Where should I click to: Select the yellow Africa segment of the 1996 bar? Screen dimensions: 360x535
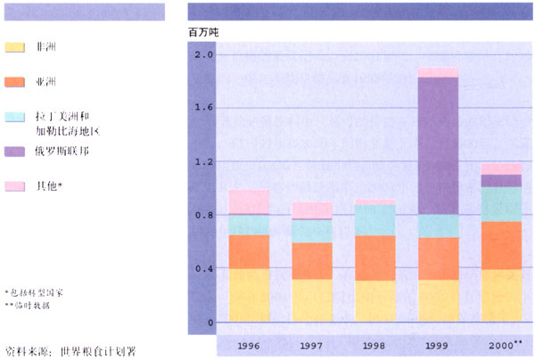tap(249, 295)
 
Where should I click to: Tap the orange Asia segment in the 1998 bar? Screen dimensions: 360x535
tap(374, 258)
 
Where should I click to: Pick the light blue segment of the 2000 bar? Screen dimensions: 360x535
tap(501, 203)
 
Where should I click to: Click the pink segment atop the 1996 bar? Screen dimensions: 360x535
tap(249, 201)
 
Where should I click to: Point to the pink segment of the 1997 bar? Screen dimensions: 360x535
tap(312, 210)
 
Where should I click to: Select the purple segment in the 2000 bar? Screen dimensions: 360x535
tap(501, 181)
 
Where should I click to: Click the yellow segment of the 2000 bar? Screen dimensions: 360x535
tap(501, 295)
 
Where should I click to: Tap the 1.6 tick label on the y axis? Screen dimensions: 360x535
tap(203, 109)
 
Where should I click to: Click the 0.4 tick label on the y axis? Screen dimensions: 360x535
tap(203, 269)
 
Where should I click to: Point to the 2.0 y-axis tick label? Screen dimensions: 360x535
tap(203, 55)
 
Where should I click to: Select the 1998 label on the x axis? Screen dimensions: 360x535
tap(374, 345)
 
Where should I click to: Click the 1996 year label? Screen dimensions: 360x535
tap(249, 345)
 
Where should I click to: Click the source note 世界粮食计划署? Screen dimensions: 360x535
tap(98, 349)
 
